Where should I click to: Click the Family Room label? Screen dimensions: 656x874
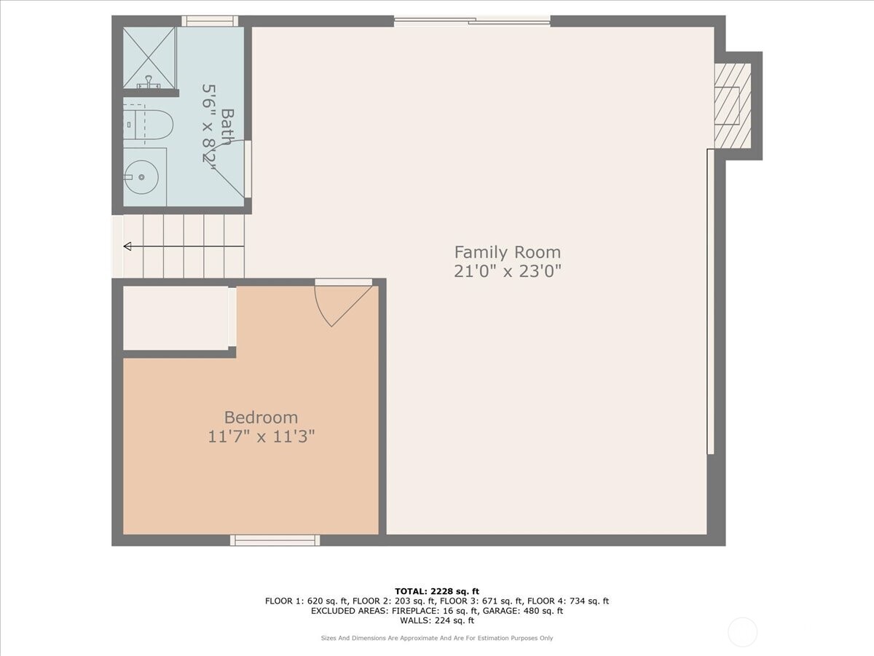(x=508, y=252)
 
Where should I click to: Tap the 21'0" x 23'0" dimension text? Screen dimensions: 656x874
(x=508, y=271)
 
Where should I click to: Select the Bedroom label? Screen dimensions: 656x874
(x=261, y=418)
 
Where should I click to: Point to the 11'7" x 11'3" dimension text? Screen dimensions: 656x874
(x=261, y=437)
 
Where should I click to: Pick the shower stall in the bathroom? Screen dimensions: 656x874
(x=149, y=57)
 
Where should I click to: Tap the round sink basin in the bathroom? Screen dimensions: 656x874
(x=141, y=176)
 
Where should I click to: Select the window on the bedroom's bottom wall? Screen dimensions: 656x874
(x=275, y=540)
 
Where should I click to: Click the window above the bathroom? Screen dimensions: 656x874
(x=209, y=21)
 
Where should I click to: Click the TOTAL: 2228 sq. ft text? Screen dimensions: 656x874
(x=436, y=591)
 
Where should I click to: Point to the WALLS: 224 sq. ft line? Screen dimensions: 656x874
(x=436, y=621)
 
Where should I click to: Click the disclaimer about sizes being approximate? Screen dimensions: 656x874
(x=436, y=639)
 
